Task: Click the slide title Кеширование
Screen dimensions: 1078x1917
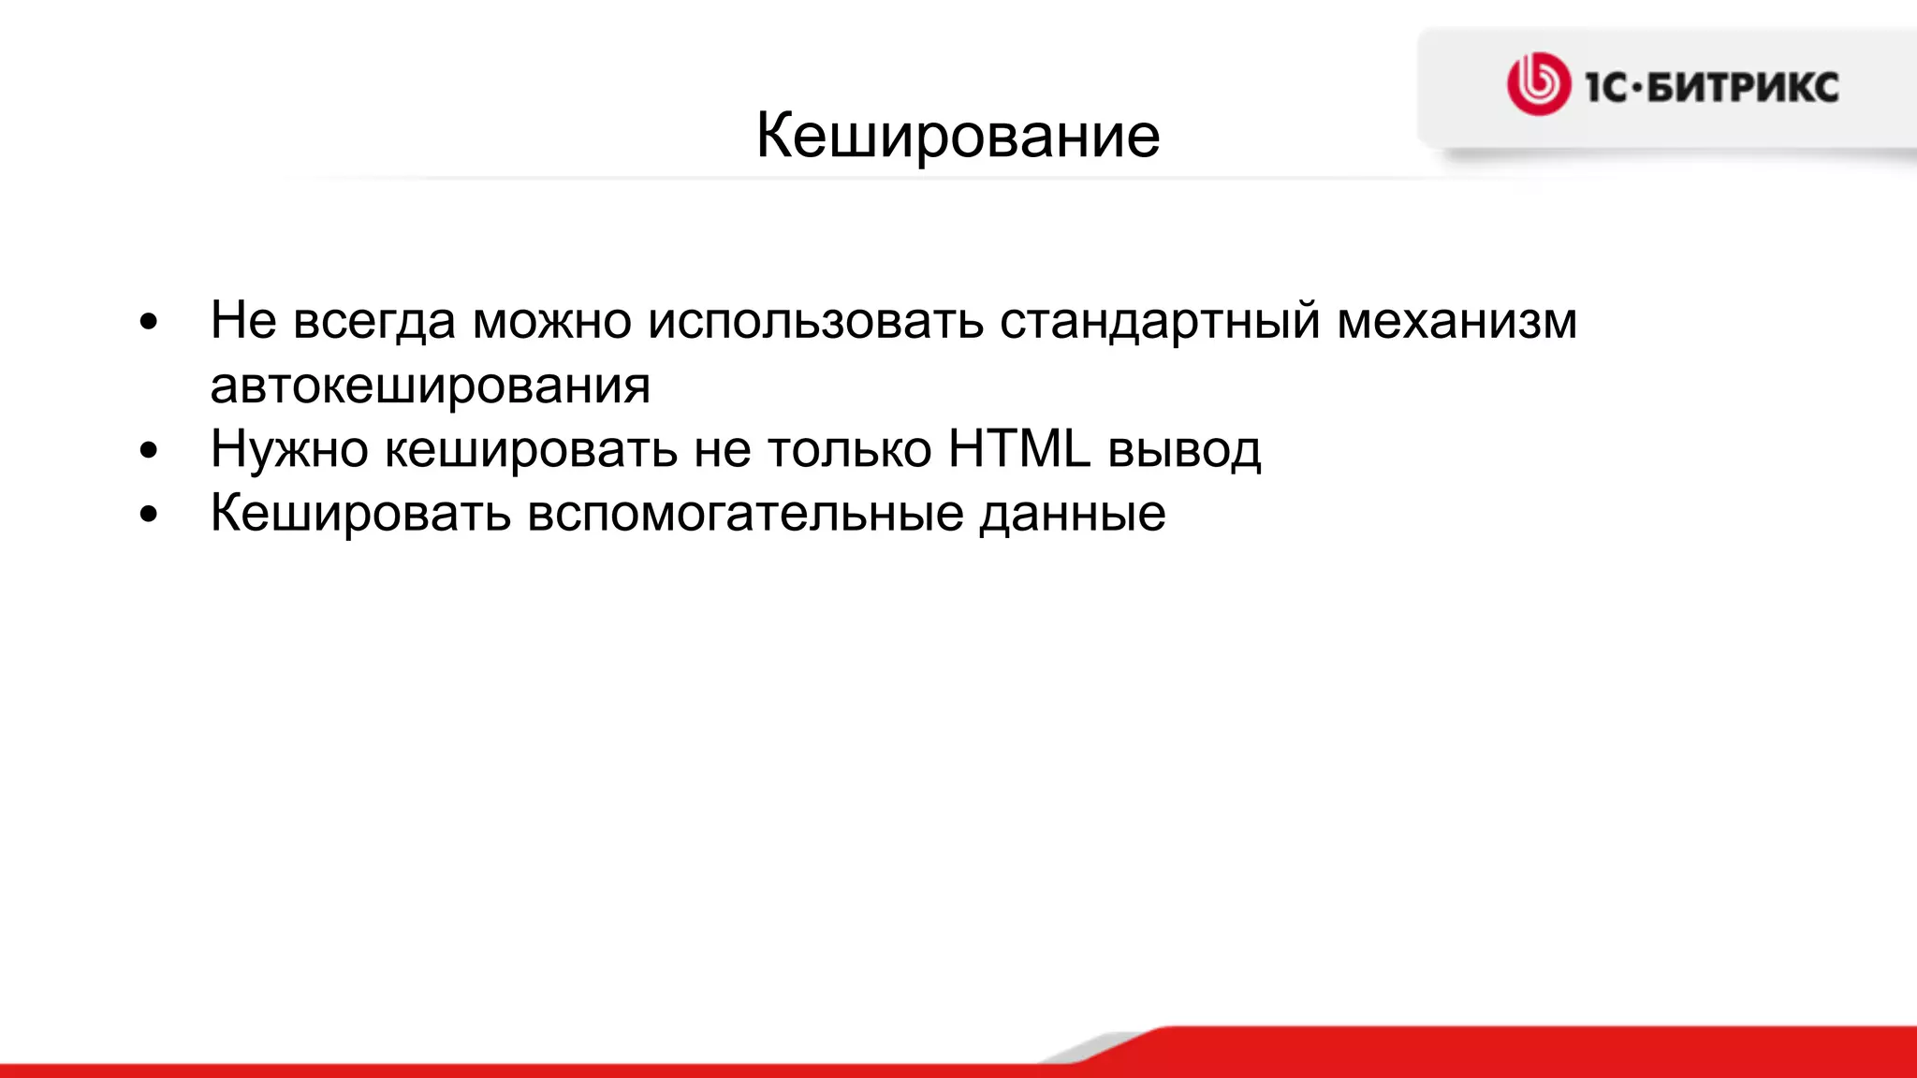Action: (x=958, y=136)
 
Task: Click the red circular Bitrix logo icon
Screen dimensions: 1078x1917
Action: (x=1538, y=84)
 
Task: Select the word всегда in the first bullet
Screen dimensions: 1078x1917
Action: (x=374, y=321)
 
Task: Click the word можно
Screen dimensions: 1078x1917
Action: (x=552, y=321)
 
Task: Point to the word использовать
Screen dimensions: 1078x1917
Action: (x=815, y=321)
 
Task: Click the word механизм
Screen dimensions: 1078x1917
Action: (x=1456, y=321)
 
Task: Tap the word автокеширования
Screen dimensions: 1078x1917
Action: (x=430, y=386)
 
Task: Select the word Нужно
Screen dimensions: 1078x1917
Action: (x=289, y=450)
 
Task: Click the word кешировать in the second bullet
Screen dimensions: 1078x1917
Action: (x=531, y=450)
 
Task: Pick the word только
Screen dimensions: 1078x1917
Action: (x=849, y=450)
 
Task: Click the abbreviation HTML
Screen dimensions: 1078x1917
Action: (x=1019, y=448)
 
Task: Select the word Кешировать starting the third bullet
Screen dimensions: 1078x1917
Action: (x=360, y=514)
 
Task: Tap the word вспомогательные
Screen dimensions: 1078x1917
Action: (x=745, y=514)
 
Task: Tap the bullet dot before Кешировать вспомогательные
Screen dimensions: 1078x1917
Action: (x=148, y=516)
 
